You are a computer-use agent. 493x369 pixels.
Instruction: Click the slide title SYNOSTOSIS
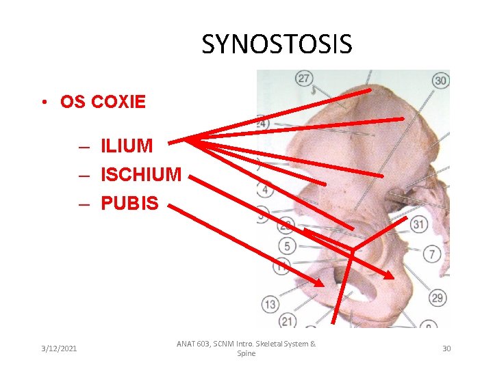click(277, 44)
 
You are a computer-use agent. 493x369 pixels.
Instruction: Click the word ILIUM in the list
click(127, 146)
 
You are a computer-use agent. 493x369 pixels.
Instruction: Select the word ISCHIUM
click(141, 175)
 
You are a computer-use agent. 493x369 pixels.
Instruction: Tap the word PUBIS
click(129, 203)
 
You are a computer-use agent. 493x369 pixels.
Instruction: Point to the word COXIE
click(118, 102)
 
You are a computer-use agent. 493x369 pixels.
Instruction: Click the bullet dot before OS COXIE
click(42, 103)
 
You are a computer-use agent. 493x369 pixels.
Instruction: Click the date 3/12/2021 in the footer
click(58, 348)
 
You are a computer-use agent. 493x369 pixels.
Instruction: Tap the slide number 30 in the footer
click(446, 348)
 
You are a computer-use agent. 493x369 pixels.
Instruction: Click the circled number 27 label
click(304, 79)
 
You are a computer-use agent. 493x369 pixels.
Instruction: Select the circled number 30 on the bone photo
click(441, 80)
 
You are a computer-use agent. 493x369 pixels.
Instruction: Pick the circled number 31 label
click(418, 224)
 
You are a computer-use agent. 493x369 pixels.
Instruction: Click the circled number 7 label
click(432, 254)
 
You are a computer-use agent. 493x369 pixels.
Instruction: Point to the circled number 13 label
click(270, 305)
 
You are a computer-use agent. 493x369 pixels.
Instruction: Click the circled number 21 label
click(288, 321)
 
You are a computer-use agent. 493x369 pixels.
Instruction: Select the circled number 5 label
click(287, 246)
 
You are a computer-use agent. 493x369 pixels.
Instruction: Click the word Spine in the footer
click(246, 354)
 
